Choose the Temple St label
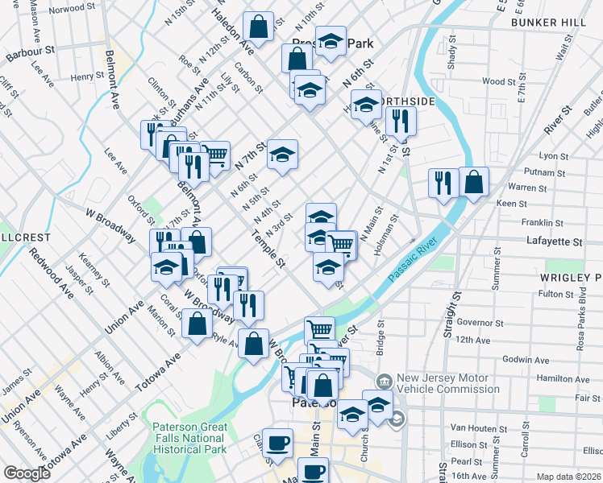pyautogui.click(x=268, y=249)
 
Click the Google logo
pyautogui.click(x=27, y=473)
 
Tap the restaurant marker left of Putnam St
pyautogui.click(x=443, y=184)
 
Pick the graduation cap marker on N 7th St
pyautogui.click(x=282, y=155)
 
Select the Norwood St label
pyautogui.click(x=72, y=9)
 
